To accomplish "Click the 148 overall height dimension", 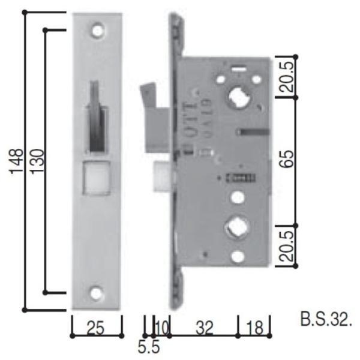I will point(17,161).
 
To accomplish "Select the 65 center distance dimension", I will point(287,161).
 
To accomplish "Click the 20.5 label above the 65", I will point(287,77).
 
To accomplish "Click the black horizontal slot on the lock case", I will point(254,131).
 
